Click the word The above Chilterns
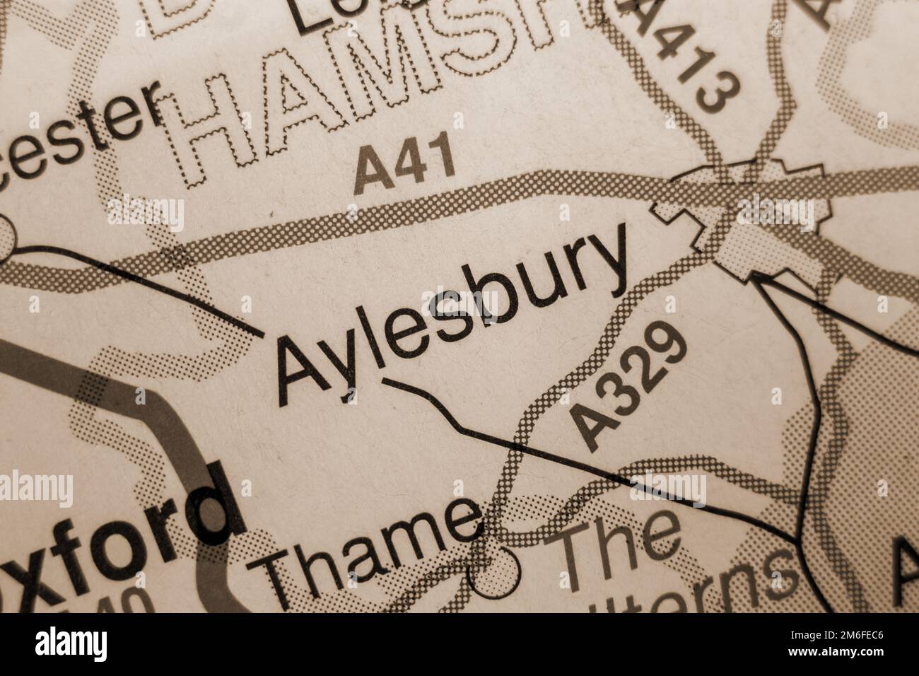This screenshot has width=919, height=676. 619,548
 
